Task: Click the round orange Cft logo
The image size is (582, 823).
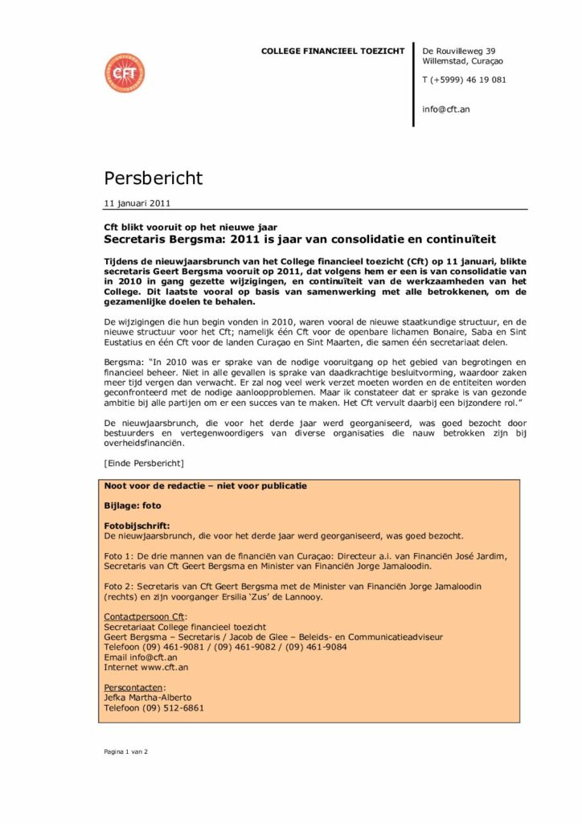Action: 125,72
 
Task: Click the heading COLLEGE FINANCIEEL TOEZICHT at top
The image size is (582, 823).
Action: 333,51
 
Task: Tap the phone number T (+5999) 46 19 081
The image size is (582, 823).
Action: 464,80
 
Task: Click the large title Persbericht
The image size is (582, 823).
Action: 153,178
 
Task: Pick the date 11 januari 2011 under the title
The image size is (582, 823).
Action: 137,203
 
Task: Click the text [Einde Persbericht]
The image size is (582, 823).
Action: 144,464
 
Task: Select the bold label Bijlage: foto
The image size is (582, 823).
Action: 133,506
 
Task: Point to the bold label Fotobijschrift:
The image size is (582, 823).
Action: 137,525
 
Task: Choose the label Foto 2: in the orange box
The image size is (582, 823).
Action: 121,587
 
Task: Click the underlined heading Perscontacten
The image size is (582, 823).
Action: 134,687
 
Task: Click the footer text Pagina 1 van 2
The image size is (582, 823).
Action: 126,751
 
